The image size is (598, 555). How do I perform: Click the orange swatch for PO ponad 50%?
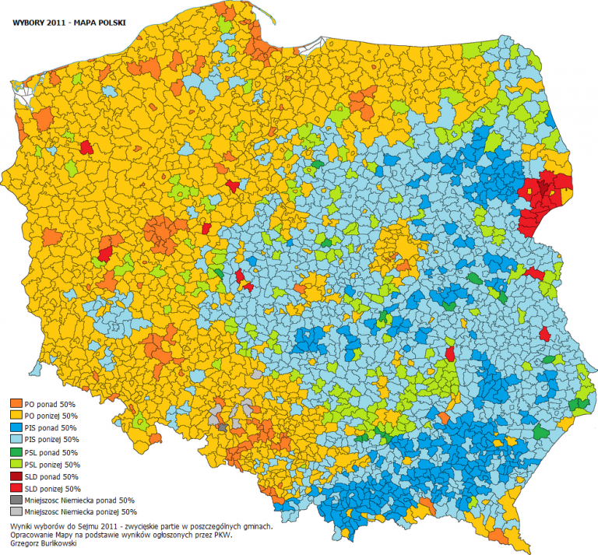pos(16,405)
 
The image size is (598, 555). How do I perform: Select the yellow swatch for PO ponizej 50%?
pos(16,416)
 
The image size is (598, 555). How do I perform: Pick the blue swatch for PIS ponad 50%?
pos(16,428)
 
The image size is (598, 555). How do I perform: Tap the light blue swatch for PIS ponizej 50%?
pos(16,440)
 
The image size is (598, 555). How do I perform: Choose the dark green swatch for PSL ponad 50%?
pos(16,452)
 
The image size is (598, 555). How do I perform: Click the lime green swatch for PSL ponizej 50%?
pos(16,464)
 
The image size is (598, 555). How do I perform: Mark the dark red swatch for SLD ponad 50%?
pos(16,476)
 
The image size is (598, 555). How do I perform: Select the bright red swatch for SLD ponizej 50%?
pos(16,488)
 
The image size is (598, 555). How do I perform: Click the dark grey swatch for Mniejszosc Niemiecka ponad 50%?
pos(16,500)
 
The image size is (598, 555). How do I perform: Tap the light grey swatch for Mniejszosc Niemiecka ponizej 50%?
pos(16,512)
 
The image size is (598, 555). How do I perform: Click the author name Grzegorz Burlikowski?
pos(44,543)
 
